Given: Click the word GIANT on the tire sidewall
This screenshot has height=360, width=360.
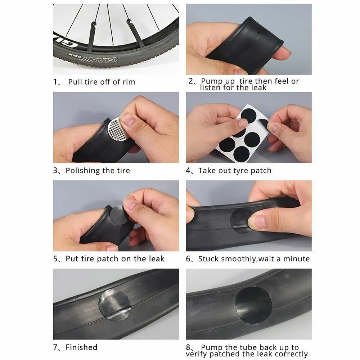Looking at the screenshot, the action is tap(99, 59).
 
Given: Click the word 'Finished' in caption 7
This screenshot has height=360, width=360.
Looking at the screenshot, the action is tap(81, 347).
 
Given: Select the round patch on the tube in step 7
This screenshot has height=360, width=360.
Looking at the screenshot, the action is tap(114, 305).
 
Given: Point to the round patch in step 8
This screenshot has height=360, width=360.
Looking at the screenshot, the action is tap(253, 305).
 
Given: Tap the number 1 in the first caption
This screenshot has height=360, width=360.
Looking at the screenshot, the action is tap(55, 82).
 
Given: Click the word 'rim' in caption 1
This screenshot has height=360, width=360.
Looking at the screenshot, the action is tap(129, 82).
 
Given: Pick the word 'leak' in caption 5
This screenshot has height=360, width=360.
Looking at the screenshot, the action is tap(157, 259).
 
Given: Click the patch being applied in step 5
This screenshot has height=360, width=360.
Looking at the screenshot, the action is tap(118, 215).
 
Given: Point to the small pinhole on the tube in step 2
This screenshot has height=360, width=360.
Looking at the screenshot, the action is tap(258, 32).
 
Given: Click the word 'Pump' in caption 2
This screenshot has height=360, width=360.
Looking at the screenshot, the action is tap(218, 81).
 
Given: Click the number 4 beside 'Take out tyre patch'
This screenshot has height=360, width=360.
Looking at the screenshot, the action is tap(188, 171).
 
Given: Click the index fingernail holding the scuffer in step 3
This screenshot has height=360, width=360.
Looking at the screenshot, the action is tap(128, 119).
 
